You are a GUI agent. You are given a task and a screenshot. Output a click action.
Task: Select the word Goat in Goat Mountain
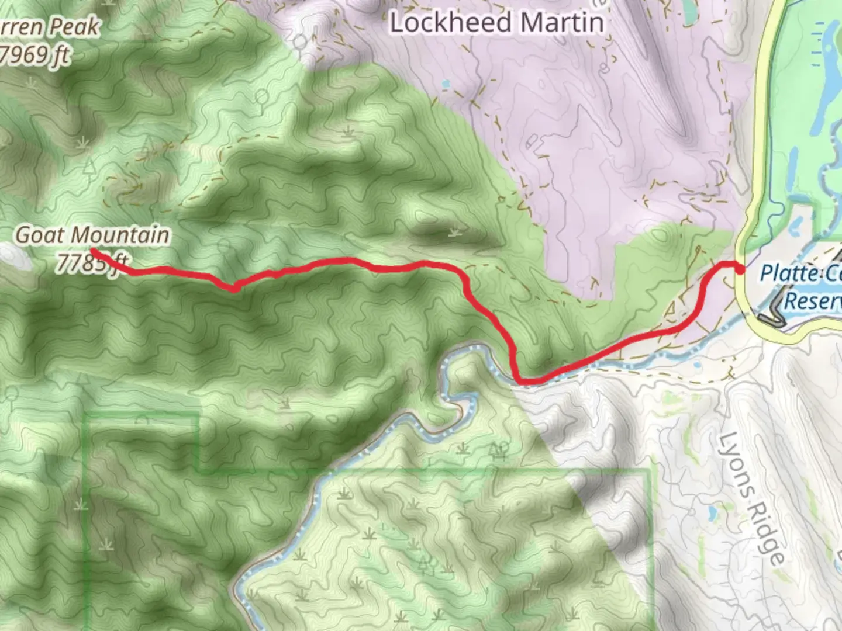39,235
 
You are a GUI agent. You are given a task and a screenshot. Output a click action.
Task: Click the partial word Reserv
813,301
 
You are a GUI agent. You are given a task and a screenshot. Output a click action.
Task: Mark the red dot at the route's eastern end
740,269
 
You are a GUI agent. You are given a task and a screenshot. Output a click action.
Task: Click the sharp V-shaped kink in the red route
234,288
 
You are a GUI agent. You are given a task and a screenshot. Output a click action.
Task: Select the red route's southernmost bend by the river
522,381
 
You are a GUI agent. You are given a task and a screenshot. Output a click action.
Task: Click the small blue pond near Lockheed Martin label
446,84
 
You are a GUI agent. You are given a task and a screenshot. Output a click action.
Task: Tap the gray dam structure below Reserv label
772,315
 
